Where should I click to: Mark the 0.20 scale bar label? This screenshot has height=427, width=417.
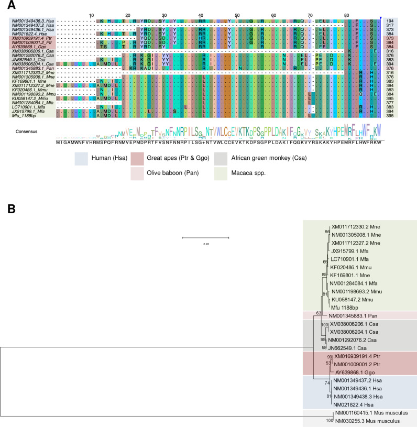click(x=205, y=244)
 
